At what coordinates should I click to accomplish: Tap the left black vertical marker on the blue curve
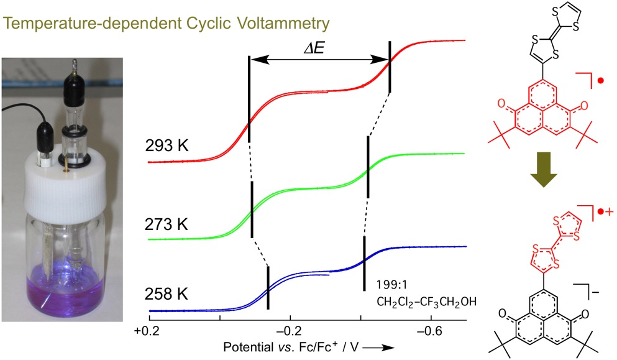point(268,287)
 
